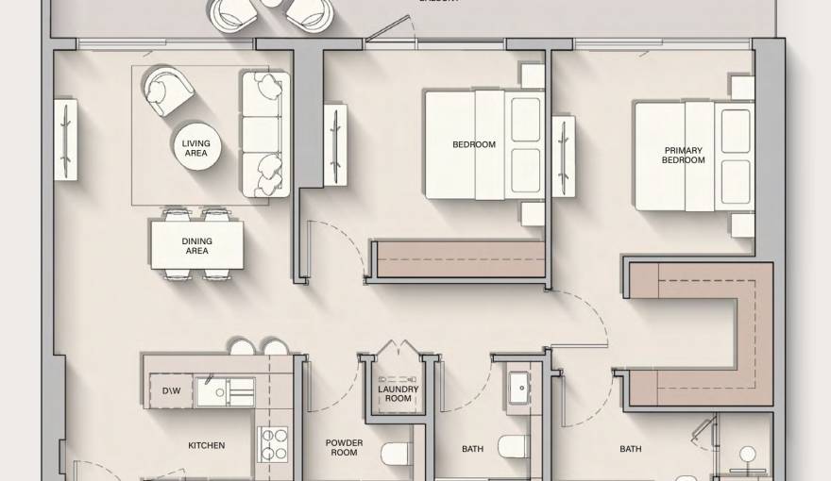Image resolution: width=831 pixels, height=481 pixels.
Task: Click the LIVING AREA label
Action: [196, 148]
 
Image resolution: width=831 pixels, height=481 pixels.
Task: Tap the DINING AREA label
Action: [196, 246]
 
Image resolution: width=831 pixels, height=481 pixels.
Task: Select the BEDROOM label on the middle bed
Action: [474, 144]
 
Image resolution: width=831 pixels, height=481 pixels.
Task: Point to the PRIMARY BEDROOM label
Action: [684, 155]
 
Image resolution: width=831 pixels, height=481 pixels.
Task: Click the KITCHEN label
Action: [206, 445]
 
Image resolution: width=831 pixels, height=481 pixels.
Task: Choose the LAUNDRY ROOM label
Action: [399, 393]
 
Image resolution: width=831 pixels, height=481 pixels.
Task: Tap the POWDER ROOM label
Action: [344, 447]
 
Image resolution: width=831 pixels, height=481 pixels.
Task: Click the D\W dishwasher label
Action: [172, 390]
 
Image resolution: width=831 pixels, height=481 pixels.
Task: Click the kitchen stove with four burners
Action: [273, 444]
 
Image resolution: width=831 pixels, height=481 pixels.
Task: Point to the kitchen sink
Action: [225, 390]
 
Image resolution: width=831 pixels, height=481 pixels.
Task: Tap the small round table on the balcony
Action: [272, 3]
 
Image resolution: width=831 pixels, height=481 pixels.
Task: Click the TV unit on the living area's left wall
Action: [64, 139]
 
